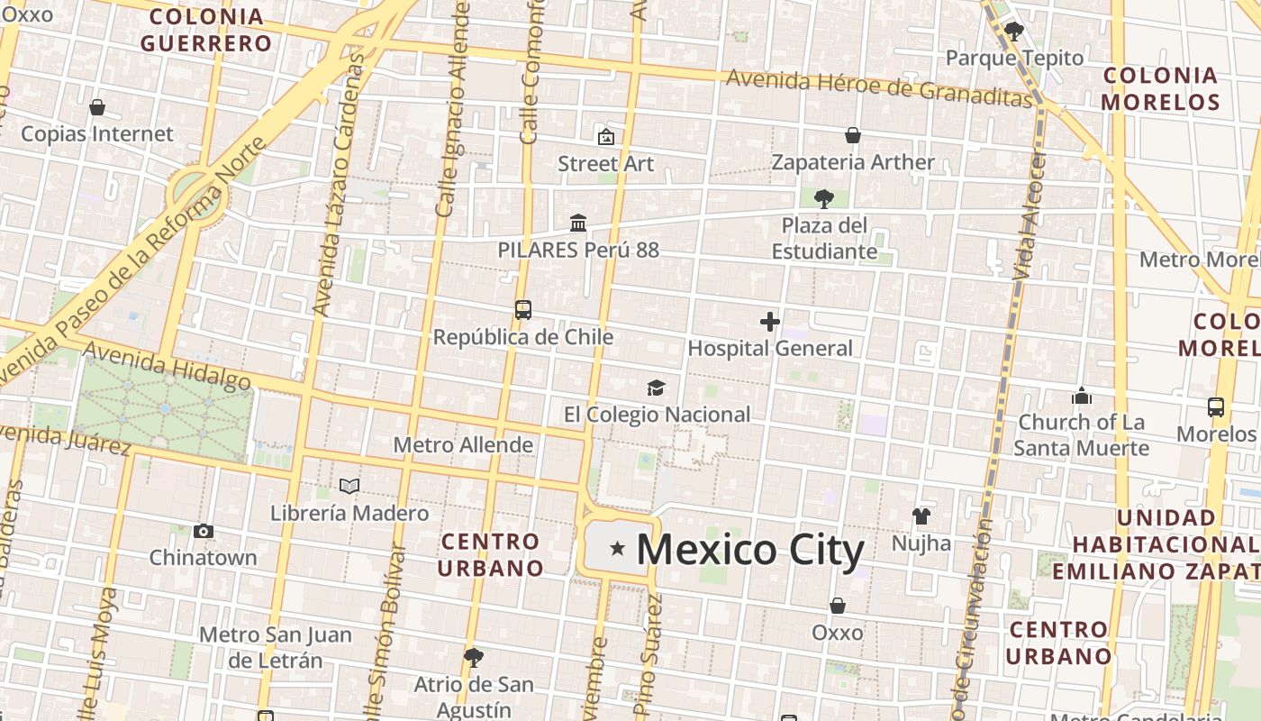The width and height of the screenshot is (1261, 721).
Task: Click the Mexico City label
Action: coord(750,550)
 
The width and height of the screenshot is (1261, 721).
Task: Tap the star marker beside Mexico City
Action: coord(618,547)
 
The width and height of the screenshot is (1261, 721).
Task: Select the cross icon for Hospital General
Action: coord(770,322)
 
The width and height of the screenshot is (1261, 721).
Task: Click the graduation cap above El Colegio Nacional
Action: coord(656,388)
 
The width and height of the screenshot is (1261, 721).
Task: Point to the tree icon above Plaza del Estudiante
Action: coord(823,198)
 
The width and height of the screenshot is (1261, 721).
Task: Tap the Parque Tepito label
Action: coord(1014,58)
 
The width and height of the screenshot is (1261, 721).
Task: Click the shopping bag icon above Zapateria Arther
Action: coord(853,136)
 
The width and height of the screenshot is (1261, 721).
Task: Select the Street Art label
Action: coord(605,163)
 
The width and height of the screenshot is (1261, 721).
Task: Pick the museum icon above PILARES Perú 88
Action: coord(578,223)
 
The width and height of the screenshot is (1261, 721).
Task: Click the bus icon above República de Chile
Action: coord(523,310)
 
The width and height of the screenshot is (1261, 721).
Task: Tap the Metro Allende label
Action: coord(463,445)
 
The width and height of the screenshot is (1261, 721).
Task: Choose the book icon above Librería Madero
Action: coord(349,487)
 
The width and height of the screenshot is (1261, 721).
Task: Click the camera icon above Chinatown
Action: coord(204,531)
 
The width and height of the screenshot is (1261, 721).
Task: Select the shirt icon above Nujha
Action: coord(921,516)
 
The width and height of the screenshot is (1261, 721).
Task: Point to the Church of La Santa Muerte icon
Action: coord(1082,396)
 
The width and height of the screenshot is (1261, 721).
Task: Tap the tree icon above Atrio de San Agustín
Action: coord(474,658)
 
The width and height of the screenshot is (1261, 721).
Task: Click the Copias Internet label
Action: coord(96,133)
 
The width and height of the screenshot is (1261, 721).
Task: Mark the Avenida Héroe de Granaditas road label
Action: coord(878,87)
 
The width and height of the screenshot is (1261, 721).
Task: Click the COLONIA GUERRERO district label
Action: coord(206,30)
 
